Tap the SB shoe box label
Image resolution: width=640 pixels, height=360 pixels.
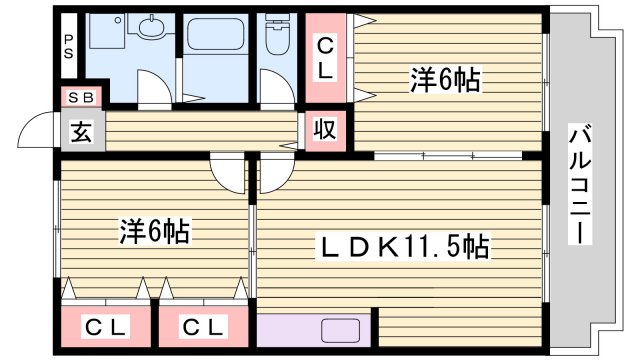click(x=79, y=98)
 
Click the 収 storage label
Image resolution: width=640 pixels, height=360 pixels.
click(x=326, y=130)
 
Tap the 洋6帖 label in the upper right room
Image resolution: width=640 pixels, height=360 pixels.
click(x=445, y=81)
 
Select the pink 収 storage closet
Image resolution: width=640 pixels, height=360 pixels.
click(x=326, y=130)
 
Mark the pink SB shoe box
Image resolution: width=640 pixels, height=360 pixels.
click(x=79, y=98)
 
